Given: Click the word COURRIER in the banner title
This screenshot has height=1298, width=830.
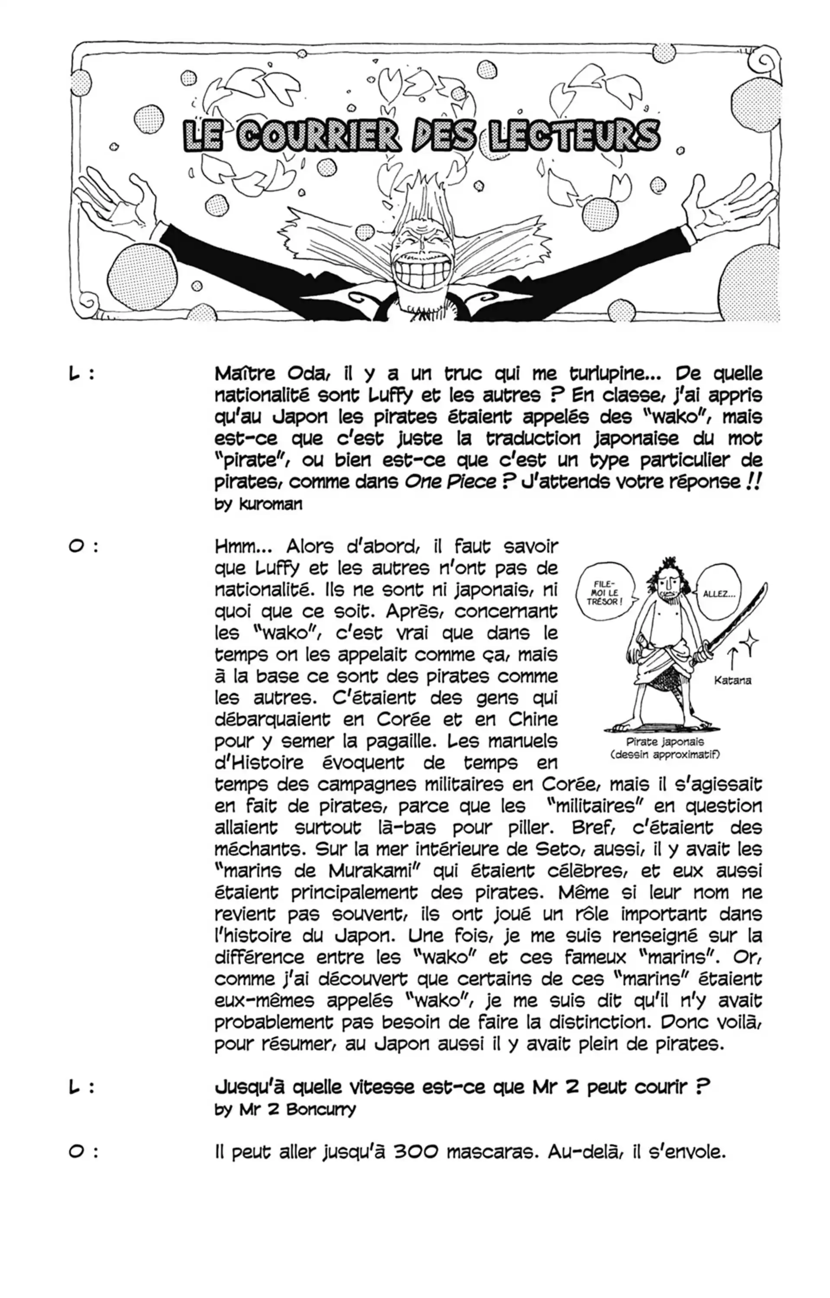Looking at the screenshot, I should coord(318,136).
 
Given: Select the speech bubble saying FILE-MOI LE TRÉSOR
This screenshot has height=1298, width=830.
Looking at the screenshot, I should coord(604,593).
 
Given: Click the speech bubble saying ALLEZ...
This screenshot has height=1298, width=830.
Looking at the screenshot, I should coord(719,594).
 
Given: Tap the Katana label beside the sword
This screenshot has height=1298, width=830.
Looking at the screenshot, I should coord(732,680).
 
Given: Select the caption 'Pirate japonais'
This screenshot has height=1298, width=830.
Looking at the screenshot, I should coord(664,742).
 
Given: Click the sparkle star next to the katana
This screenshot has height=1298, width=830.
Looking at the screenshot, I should coord(750,643).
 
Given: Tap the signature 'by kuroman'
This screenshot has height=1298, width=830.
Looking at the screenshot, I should coord(259,505).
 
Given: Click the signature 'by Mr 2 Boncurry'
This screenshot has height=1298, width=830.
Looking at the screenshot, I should coord(285,1109).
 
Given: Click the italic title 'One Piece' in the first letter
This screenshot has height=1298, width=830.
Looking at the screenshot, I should coord(450,481).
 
